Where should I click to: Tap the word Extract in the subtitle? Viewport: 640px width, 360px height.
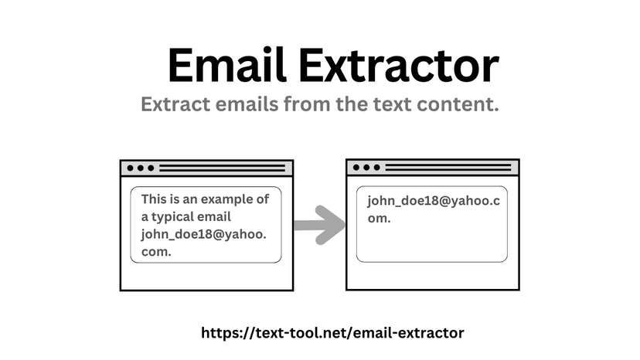click(175, 104)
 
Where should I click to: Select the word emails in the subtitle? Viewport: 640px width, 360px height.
click(246, 104)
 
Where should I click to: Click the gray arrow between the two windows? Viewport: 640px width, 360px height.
click(319, 225)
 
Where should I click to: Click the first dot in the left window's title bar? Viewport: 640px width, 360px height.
click(130, 168)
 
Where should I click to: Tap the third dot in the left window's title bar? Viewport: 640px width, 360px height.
click(151, 168)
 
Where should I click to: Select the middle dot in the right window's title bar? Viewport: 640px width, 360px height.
click(366, 168)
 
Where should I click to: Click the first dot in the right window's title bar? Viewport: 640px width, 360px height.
click(356, 168)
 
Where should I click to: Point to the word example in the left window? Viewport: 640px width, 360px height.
click(226, 199)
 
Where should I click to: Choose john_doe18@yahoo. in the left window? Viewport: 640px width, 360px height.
click(204, 234)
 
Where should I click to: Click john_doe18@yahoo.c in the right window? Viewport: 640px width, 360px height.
click(434, 201)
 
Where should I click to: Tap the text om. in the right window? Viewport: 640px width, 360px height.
click(380, 219)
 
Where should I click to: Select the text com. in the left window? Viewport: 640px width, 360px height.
click(156, 252)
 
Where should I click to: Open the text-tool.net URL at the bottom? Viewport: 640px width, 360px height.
click(332, 333)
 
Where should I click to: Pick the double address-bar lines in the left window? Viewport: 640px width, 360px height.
click(222, 168)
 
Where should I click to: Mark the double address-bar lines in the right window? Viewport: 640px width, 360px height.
click(448, 168)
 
